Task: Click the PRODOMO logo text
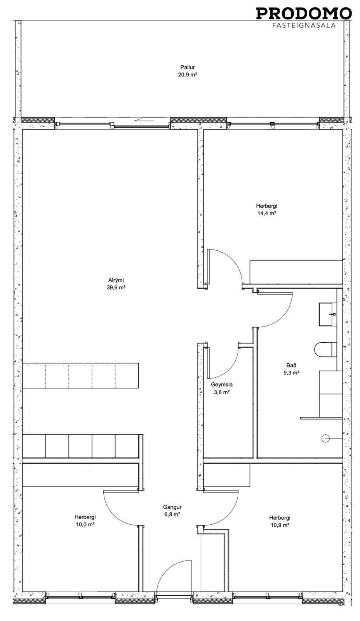pos(304,13)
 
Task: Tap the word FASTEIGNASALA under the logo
pos(304,25)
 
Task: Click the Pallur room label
pos(188,67)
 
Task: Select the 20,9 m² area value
pos(188,75)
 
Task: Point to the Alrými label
pos(116,280)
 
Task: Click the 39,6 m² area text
pos(116,288)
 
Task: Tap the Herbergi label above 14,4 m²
pos(266,206)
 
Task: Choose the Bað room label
pos(291,365)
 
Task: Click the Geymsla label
pos(222,385)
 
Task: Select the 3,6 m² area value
pos(222,392)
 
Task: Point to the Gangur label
pos(172,507)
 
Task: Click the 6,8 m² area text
pos(172,515)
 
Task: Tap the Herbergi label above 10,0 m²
pos(85,517)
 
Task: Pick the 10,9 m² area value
pos(280,525)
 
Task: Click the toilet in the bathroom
pos(325,350)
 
